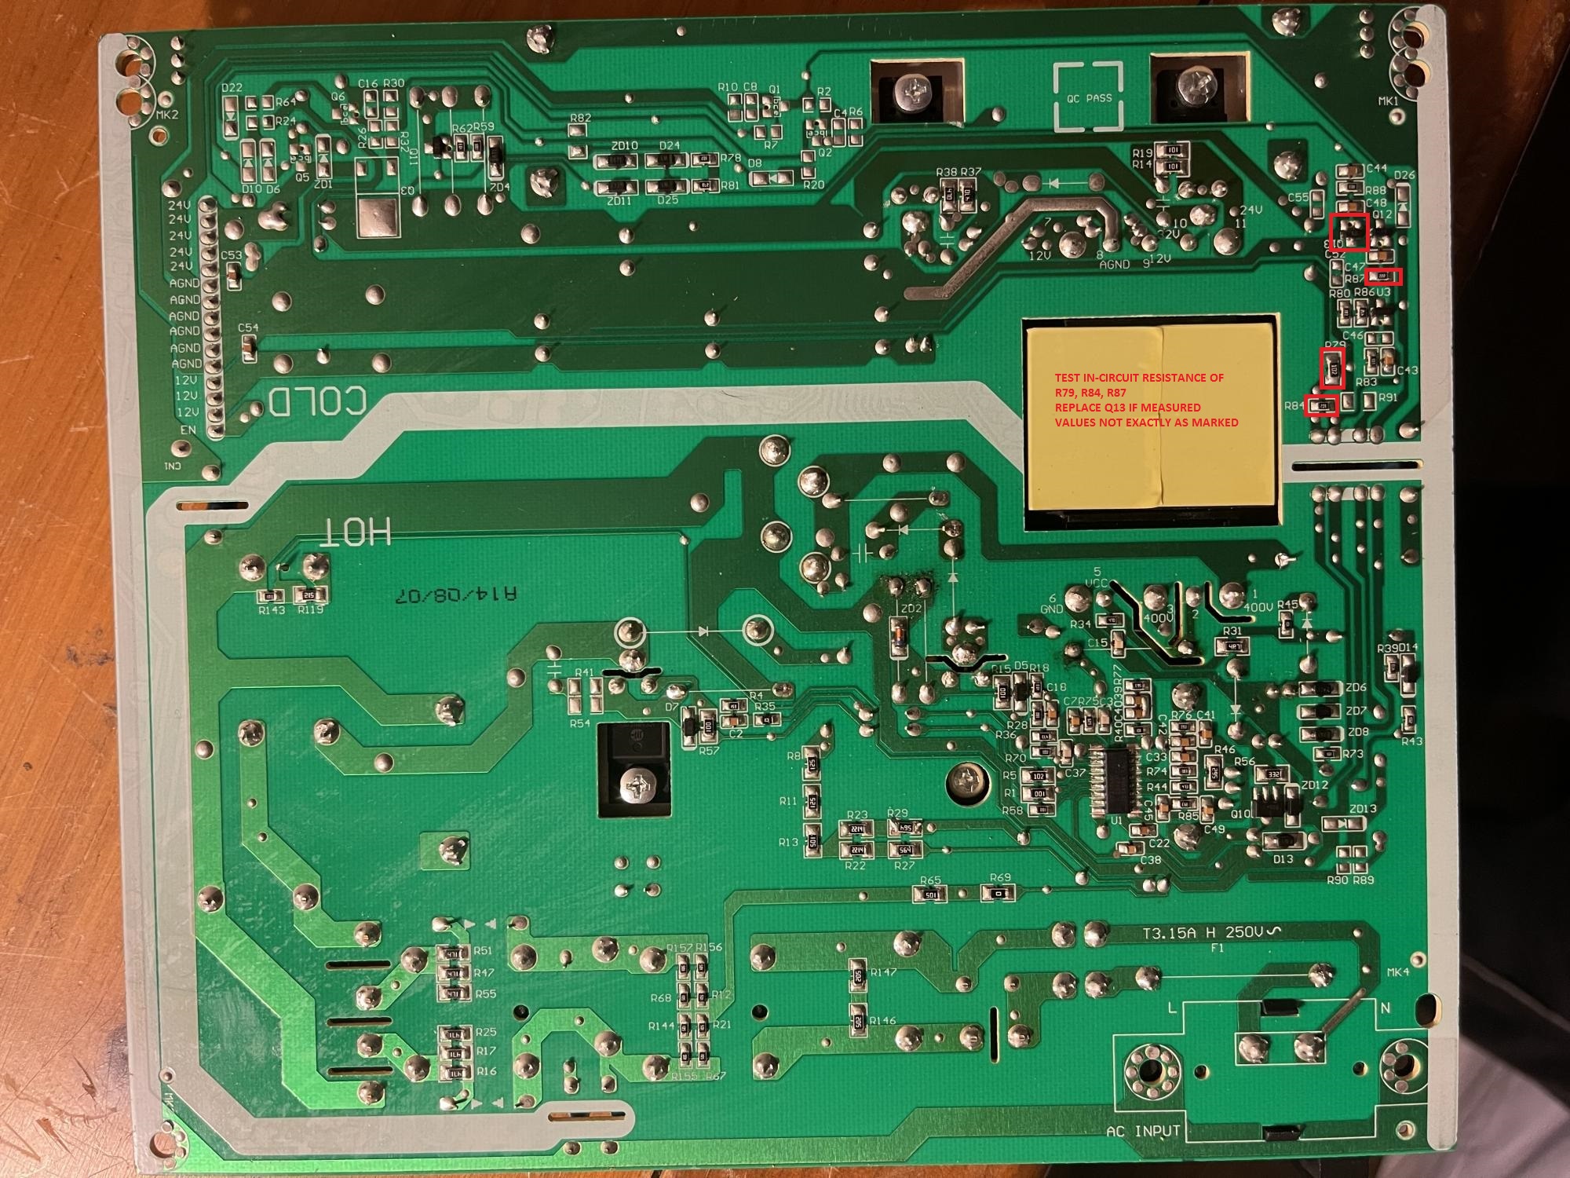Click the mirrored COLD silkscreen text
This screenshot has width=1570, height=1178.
[317, 401]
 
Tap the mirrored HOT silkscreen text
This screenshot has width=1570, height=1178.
[355, 532]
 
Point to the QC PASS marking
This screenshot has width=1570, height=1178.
[1089, 98]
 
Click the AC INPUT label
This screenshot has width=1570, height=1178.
[1142, 1132]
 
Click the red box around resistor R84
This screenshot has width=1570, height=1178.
[1320, 405]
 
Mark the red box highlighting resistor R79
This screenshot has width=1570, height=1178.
[1332, 369]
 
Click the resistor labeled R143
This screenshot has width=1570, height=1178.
[270, 594]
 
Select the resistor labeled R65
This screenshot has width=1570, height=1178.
[930, 894]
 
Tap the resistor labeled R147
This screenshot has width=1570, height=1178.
[858, 976]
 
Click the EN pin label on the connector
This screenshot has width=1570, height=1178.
[188, 430]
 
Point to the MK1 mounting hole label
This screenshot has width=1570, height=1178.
[1388, 101]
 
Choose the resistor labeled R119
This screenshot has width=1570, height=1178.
[309, 594]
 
